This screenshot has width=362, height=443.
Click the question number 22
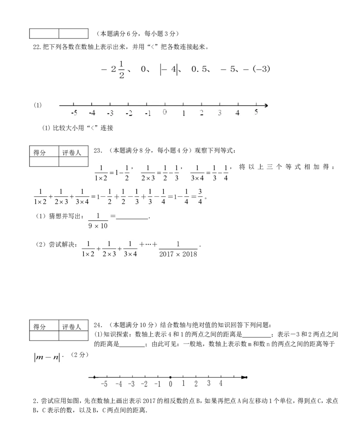pos(37,47)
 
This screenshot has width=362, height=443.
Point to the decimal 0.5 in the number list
pos(199,69)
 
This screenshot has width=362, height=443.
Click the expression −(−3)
pos(257,69)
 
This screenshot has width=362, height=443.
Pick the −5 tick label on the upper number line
pos(74,113)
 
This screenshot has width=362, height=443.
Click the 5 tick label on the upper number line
pos(256,112)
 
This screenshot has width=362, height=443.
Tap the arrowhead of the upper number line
pos(266,106)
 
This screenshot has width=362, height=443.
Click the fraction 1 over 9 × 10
pos(98,221)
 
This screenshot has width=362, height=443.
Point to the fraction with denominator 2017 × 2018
pos(178,249)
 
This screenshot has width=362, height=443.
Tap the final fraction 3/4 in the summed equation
pos(200,197)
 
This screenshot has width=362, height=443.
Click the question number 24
pos(98,325)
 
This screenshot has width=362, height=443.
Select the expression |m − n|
pos(47,357)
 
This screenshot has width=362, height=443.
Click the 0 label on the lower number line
pos(171,384)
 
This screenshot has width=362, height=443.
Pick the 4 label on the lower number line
pos(221,383)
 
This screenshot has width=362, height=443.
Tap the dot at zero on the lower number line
pos(171,377)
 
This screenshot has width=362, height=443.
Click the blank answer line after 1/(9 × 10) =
pos(132,219)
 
